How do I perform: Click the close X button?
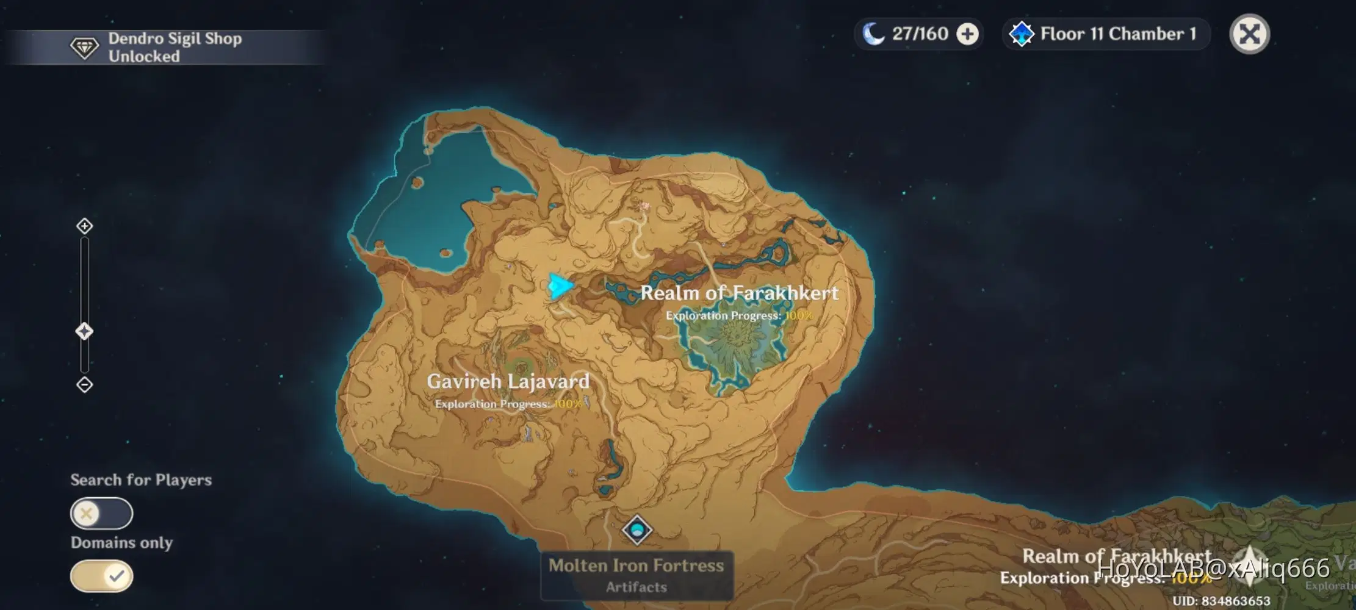tap(1249, 34)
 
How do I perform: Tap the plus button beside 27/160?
tap(967, 34)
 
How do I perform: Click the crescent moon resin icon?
tap(873, 34)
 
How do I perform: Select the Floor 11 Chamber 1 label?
tap(1118, 34)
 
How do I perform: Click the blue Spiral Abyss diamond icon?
tap(1021, 34)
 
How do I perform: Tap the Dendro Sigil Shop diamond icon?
tap(84, 48)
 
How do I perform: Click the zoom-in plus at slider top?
tap(84, 226)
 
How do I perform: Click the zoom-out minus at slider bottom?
tap(84, 385)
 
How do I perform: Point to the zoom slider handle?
tap(84, 331)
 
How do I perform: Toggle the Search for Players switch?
tap(101, 513)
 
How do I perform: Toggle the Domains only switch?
tap(101, 576)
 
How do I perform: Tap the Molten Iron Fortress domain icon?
tap(637, 529)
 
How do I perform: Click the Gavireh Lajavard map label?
tap(508, 381)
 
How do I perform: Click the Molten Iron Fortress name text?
tap(636, 565)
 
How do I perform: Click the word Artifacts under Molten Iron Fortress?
tap(636, 587)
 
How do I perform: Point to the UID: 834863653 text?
tap(1221, 601)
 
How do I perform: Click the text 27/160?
tap(920, 34)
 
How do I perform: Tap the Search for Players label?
tap(141, 480)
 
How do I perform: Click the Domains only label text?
tap(121, 542)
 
